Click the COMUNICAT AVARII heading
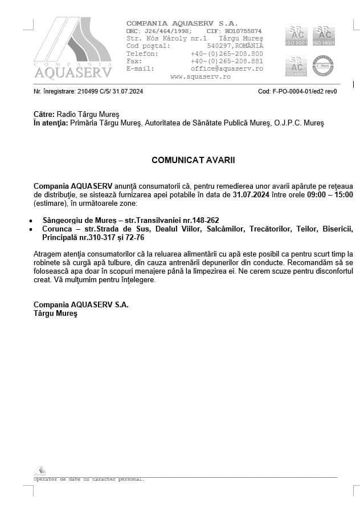pos(193,160)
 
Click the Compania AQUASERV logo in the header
pos(73,48)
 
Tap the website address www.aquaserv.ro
pos(200,76)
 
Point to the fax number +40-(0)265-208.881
pos(227,61)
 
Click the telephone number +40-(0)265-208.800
pos(227,54)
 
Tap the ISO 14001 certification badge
pos(323,35)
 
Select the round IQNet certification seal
pos(323,66)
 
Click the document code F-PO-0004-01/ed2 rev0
pos(306,91)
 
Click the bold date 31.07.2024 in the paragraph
pos(251,194)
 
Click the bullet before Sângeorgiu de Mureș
pos(30,220)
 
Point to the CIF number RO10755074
pos(243,31)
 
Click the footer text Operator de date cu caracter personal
pos(89,480)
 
